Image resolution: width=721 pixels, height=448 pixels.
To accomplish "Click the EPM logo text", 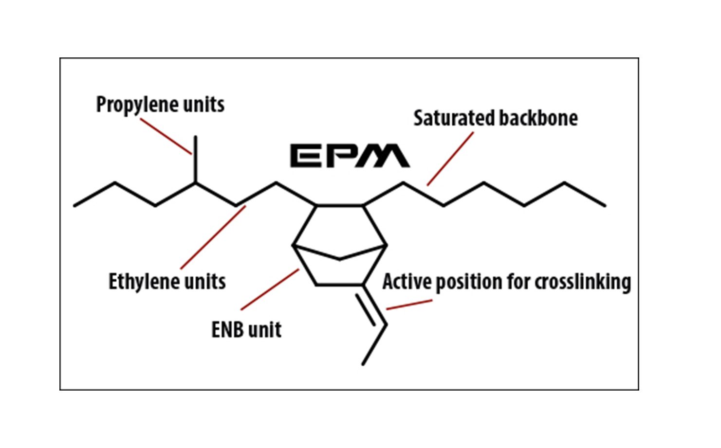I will (x=350, y=156).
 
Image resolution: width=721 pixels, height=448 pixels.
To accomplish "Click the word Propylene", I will (x=130, y=105).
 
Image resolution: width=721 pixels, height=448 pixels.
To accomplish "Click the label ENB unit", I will (x=246, y=330).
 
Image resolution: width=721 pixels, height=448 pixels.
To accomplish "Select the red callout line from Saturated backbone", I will (x=450, y=159).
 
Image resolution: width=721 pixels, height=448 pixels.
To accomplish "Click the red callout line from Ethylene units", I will (x=213, y=237).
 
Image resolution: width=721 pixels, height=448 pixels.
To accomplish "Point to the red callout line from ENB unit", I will (x=270, y=290).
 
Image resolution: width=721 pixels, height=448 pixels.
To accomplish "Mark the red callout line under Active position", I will (x=409, y=305).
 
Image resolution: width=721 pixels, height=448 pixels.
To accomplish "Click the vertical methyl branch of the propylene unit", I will (x=196, y=160).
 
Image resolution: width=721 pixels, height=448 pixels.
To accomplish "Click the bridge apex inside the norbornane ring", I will (x=340, y=259).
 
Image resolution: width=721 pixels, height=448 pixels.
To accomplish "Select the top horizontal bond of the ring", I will (x=340, y=206).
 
